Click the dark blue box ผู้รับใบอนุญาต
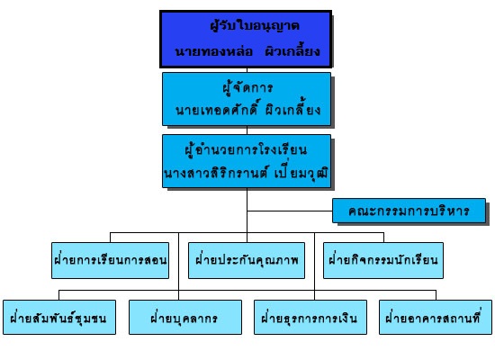coord(246,40)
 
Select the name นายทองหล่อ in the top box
coord(213,51)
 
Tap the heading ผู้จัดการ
coord(247,87)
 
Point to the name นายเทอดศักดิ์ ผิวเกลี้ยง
coord(247,109)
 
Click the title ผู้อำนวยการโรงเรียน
coord(246,149)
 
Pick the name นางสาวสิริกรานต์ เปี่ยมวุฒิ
coord(247,173)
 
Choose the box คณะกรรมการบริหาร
coord(409,211)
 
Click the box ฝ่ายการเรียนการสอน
coord(110,260)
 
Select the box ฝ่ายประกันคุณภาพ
coord(247,260)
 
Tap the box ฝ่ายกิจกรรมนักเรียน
coord(383,260)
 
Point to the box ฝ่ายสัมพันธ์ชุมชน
coord(59,317)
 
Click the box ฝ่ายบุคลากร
coord(185,317)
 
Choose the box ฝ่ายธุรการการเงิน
coord(310,317)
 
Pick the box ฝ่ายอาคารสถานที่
coord(436,317)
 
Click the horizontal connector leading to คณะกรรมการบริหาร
coord(290,211)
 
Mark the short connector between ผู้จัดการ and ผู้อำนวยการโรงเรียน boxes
coord(247,130)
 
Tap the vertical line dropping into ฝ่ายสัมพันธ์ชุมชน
coord(59,295)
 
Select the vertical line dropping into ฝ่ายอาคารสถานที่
coord(436,295)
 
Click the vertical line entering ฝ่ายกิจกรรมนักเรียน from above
coord(384,238)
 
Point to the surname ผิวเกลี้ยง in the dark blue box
coord(292,51)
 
